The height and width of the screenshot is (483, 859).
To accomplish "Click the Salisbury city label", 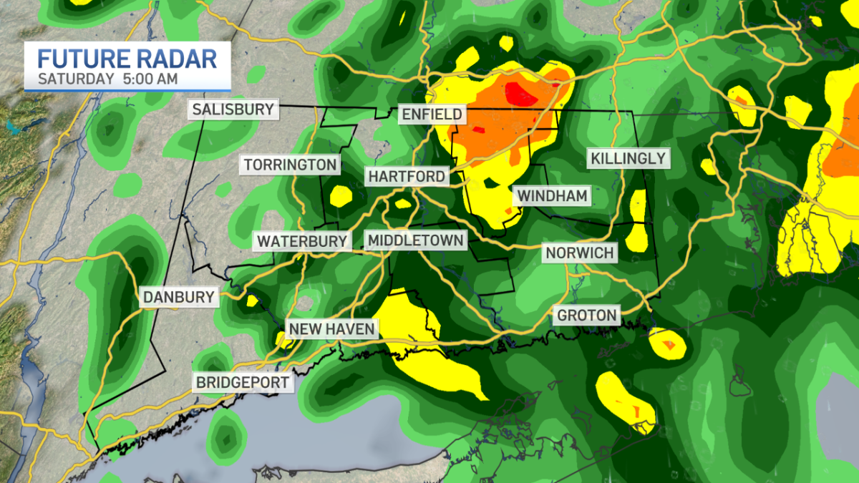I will [233, 109].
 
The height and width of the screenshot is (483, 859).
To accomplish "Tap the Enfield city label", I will [432, 114].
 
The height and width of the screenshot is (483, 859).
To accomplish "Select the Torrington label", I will [290, 165].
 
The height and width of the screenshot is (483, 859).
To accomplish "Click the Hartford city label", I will [407, 176].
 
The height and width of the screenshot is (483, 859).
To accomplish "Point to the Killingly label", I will [628, 158].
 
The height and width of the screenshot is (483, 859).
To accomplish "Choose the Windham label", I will [552, 195].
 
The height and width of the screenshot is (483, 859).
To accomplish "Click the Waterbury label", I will [302, 241].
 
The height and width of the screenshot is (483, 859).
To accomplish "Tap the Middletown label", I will [415, 240].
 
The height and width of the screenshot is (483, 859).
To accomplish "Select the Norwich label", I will [579, 253].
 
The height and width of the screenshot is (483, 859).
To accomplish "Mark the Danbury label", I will [178, 297].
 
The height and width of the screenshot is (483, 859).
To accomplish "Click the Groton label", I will [586, 315].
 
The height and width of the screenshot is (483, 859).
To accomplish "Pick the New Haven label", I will [331, 329].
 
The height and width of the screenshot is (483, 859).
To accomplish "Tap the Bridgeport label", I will [244, 382].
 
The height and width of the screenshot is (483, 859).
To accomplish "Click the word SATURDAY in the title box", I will [75, 79].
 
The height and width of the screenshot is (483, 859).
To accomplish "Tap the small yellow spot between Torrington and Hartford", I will [341, 194].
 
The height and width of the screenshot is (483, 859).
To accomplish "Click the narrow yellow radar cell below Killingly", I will [637, 208].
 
